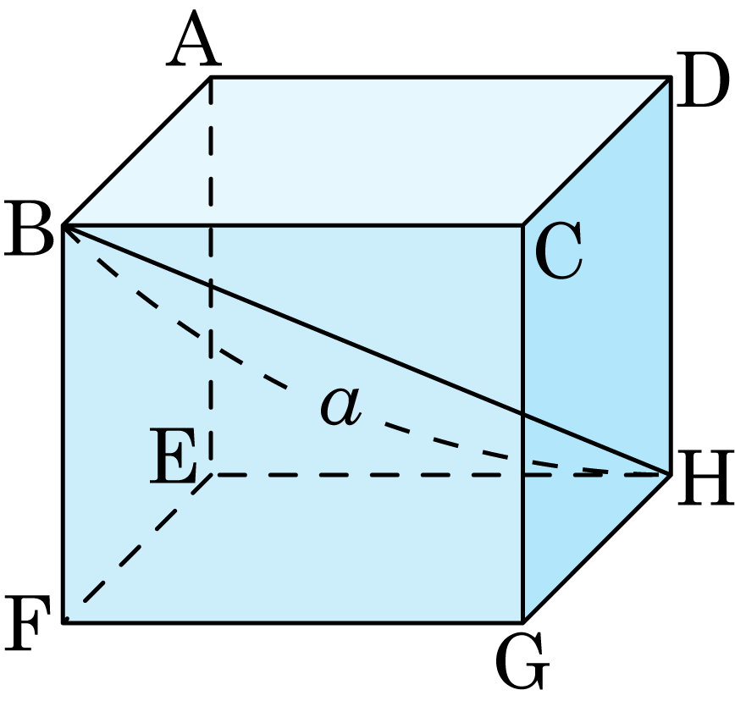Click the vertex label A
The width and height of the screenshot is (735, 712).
[193, 39]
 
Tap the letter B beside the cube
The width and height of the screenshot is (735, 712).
[28, 229]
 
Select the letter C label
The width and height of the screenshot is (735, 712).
[558, 250]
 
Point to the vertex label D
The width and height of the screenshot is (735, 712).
[702, 80]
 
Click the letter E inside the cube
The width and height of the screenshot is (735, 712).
[173, 456]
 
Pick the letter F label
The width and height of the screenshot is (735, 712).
[26, 623]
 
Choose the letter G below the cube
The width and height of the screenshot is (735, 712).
[522, 660]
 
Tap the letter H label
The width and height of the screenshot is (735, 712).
[705, 477]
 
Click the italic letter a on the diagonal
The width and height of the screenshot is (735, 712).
[340, 406]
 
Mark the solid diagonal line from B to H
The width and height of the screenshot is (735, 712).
[367, 350]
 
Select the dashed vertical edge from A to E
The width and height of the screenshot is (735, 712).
[211, 276]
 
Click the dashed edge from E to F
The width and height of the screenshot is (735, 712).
[137, 549]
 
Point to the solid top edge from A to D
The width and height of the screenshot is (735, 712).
[440, 77]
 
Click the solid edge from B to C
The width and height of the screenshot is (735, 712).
[293, 225]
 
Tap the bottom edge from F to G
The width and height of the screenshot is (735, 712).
[293, 622]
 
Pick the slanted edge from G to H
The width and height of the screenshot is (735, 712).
[596, 549]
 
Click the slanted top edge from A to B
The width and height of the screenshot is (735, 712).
[137, 151]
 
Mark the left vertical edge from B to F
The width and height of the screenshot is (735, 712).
[64, 424]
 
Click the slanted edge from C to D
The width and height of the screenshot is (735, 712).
[596, 151]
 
